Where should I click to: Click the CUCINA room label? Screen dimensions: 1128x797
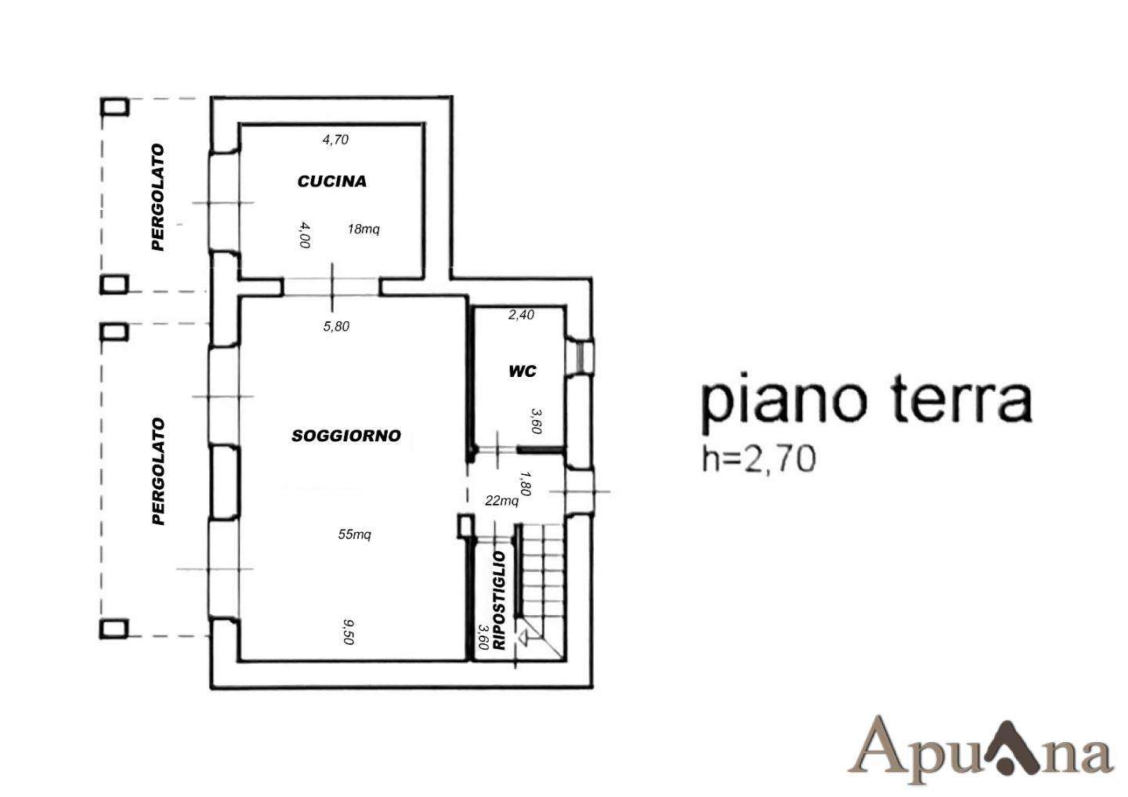(332, 181)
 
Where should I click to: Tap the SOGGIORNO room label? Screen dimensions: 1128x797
(346, 436)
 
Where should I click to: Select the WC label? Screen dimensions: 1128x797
(522, 371)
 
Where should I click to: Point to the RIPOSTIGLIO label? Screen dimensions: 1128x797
(498, 600)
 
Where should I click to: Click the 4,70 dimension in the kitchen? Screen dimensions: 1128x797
(335, 139)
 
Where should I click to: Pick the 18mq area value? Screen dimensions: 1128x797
(363, 229)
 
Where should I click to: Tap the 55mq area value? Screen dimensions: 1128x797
(355, 534)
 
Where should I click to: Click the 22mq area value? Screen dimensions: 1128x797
(501, 501)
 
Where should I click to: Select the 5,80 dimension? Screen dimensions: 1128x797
(336, 327)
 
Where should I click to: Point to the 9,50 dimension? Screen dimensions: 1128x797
(349, 632)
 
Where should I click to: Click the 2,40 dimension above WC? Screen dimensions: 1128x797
(521, 315)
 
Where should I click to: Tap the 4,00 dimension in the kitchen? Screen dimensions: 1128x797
(304, 235)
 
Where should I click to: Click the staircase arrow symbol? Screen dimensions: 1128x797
(523, 639)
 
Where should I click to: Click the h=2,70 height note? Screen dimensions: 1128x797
(759, 459)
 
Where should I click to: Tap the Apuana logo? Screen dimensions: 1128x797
(981, 751)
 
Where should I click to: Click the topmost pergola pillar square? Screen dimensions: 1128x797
(115, 107)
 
